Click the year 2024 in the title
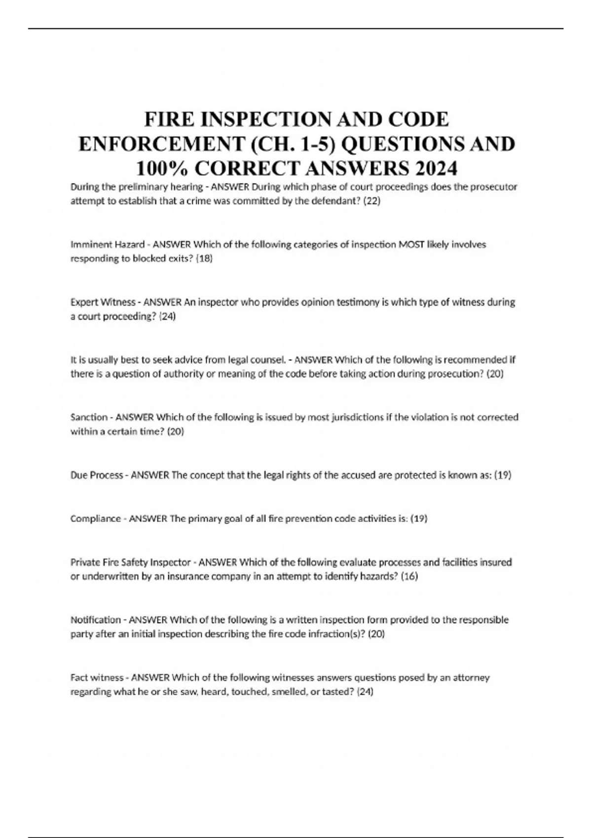click(x=436, y=169)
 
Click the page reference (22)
click(x=371, y=201)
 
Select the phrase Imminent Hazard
click(x=107, y=244)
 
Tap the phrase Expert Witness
click(x=103, y=302)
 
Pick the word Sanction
click(x=89, y=418)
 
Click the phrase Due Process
click(x=97, y=475)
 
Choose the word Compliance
click(x=95, y=519)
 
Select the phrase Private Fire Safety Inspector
click(x=130, y=562)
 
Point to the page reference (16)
click(x=409, y=576)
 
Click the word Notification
click(x=95, y=620)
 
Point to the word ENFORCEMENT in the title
click(x=161, y=144)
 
